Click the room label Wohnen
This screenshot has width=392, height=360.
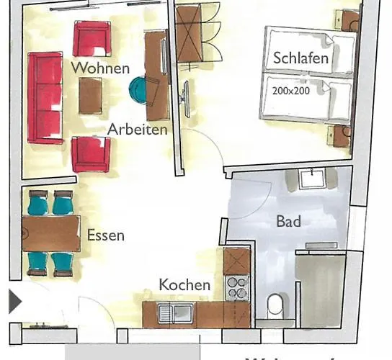click(100, 68)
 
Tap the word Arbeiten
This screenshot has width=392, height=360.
click(138, 130)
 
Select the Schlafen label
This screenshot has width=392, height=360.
click(300, 58)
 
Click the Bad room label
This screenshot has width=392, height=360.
click(288, 221)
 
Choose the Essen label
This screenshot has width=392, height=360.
click(105, 235)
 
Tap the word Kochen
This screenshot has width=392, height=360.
click(185, 284)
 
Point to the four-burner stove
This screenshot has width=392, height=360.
click(236, 288)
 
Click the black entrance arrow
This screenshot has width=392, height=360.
click(15, 301)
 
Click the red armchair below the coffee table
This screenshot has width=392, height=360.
click(91, 153)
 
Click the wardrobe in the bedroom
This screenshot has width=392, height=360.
click(197, 43)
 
